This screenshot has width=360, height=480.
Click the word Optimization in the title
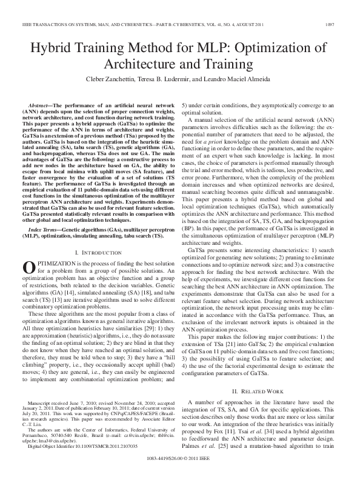[275, 50]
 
